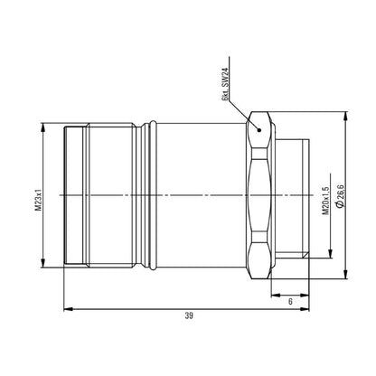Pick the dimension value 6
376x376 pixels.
[x=290, y=304]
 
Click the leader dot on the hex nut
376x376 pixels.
[x=260, y=128]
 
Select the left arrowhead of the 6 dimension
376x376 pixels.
[x=274, y=296]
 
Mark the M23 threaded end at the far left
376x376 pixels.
[x=78, y=196]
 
